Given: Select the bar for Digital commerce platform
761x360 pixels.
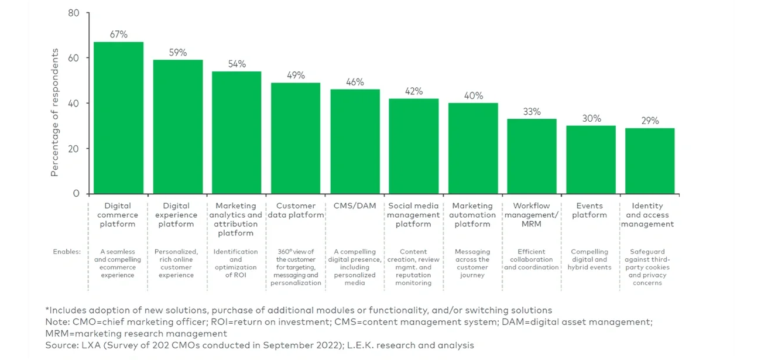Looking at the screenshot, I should coord(118,117).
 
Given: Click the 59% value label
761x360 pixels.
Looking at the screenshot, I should coord(177,53).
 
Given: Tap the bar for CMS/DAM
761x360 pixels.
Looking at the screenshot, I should coord(355,141).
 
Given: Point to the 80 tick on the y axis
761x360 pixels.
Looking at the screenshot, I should coord(73,13).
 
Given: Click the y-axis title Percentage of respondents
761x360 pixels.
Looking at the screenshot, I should coord(54,112).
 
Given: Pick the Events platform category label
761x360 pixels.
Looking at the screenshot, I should coord(589,211).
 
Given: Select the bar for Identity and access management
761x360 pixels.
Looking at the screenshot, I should coord(650,161).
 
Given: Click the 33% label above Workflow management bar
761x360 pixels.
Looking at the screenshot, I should coord(532,112).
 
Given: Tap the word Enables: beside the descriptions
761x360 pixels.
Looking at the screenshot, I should coord(64,252).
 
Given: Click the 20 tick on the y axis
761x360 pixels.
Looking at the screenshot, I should coord(73,149).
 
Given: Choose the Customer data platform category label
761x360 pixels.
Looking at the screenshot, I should coord(296,211).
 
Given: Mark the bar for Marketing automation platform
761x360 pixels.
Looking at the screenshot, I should coord(473,148).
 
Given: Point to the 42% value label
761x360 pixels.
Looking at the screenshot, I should coord(414,91).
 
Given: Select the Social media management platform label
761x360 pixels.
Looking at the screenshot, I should coord(414,215).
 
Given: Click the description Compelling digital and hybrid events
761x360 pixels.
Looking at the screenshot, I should coord(589,260).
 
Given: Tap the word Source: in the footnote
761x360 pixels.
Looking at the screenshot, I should coord(61,345).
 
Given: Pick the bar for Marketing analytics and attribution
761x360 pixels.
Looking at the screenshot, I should coord(236,132).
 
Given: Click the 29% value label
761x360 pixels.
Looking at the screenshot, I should coord(650,121).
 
